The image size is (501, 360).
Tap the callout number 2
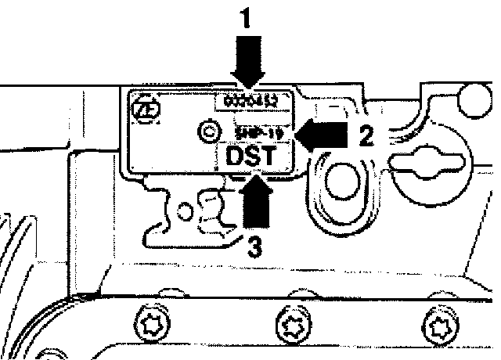365,135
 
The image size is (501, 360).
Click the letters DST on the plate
250,157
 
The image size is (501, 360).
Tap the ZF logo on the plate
146,110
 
